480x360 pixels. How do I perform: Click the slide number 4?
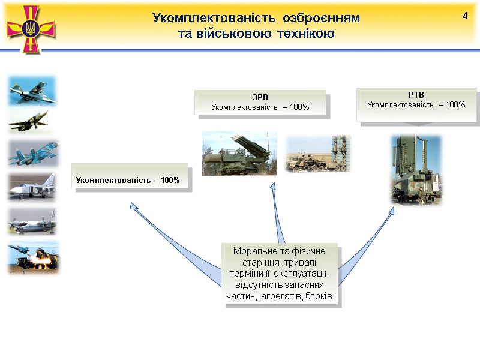tap(464, 16)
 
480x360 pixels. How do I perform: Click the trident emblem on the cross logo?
tap(31, 27)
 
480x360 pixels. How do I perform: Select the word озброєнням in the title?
tap(325, 18)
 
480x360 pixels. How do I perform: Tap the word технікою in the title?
tap(306, 34)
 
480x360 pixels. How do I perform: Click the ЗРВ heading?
tap(260, 97)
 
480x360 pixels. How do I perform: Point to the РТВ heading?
tap(416, 95)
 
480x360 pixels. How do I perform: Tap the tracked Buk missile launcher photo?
tap(239, 154)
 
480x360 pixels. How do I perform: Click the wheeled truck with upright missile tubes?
tap(317, 154)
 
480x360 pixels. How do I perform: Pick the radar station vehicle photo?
tap(416, 170)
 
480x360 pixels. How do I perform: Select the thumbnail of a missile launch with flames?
tap(33, 257)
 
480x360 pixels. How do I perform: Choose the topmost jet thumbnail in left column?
tap(33, 91)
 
